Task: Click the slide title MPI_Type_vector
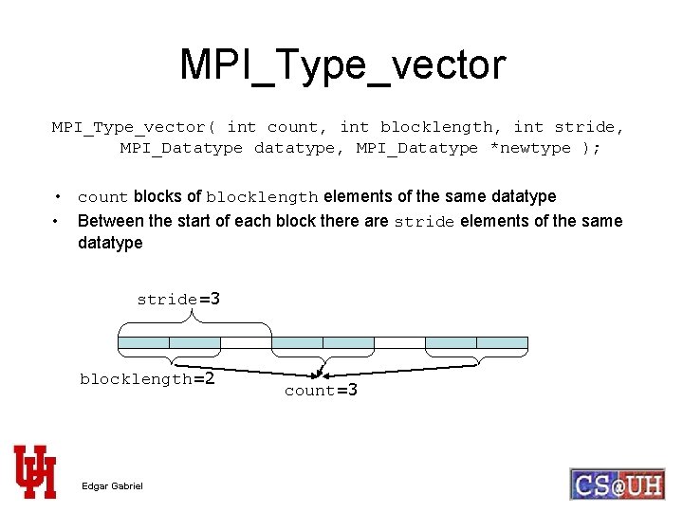[342, 64]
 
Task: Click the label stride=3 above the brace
[178, 300]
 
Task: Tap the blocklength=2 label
[147, 379]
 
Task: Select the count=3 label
[321, 390]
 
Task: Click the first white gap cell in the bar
[246, 342]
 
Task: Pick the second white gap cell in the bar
[399, 342]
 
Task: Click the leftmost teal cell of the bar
[143, 342]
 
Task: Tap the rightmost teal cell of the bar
[502, 342]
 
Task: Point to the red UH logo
[35, 470]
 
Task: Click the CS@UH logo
[617, 484]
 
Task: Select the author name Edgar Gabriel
[112, 486]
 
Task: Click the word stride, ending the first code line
[589, 127]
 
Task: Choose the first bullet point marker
[59, 197]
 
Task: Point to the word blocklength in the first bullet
[262, 197]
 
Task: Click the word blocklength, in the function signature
[441, 127]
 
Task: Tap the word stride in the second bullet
[424, 222]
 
